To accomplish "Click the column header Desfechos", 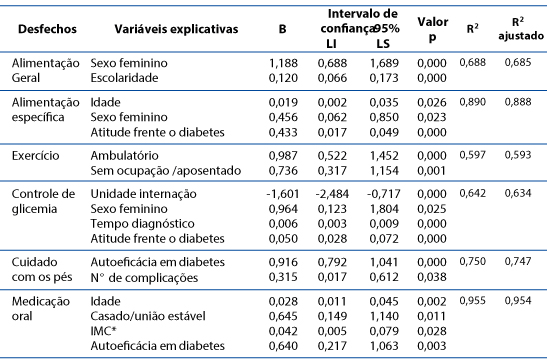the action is [47, 29].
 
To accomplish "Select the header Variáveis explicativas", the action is [176, 29].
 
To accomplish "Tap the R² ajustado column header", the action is [520, 29].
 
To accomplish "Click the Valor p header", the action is [433, 29].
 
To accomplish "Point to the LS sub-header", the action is [383, 44].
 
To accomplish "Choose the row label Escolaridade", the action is [124, 78].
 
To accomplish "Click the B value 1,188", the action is [283, 63].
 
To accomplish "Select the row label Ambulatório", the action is [124, 156].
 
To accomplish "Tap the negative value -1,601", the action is [283, 194].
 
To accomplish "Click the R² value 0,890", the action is [472, 102].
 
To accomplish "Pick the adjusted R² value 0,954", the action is [518, 300].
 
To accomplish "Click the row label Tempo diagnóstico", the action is [142, 224].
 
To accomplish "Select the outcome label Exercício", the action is [36, 156].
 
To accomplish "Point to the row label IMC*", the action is [103, 331].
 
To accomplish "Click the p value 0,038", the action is [432, 277].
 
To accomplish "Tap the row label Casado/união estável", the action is [148, 316].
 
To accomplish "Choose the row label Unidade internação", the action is [143, 194].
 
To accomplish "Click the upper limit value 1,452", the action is [384, 156].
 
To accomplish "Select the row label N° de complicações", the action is [144, 278].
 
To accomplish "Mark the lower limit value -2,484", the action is [332, 194].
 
